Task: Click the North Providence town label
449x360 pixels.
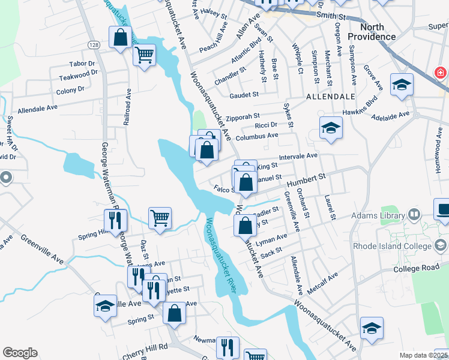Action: point(378,32)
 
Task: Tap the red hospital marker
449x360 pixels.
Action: point(441,73)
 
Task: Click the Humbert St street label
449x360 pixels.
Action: point(306,181)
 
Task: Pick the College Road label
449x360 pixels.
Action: point(417,268)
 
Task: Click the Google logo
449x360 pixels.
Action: point(20,353)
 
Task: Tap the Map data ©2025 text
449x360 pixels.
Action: point(424,355)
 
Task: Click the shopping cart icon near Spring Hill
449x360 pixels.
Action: point(160,218)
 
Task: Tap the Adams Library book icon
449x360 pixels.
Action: point(414,214)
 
